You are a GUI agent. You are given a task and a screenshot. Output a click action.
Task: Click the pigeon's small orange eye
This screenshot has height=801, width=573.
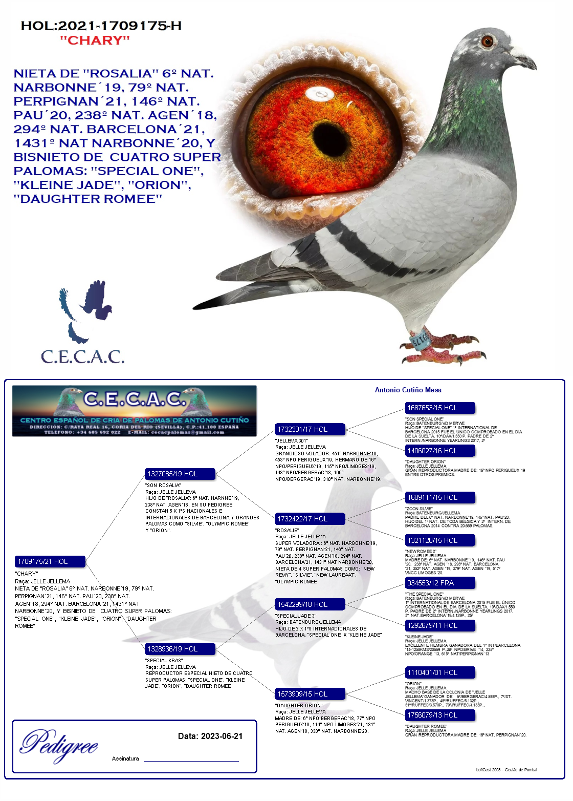487,41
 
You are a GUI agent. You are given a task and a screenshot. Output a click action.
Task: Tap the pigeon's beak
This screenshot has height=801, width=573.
527,61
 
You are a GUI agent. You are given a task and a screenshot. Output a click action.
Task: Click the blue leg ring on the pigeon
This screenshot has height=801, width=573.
421,340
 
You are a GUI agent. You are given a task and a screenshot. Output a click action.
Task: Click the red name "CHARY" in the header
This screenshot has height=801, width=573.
95,40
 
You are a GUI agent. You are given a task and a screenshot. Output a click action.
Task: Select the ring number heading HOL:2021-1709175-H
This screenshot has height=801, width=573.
101,26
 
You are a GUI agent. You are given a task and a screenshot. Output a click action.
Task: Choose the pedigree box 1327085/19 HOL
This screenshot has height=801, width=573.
180,474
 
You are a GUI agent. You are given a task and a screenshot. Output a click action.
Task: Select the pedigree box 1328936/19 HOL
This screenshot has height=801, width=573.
180,649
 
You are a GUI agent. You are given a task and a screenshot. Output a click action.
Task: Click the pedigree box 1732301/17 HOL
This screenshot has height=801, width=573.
310,429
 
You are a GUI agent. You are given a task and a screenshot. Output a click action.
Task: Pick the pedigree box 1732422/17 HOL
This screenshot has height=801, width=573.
310,519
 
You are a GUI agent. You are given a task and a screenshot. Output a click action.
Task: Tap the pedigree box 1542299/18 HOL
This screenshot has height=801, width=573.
310,604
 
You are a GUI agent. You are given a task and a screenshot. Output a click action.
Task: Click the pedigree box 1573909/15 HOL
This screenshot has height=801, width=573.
310,694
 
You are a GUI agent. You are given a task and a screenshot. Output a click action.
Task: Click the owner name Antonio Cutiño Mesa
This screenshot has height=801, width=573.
408,390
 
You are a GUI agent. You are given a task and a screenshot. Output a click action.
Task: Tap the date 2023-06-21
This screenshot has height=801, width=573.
222,736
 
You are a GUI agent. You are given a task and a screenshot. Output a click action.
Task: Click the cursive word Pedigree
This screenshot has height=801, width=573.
59,745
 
